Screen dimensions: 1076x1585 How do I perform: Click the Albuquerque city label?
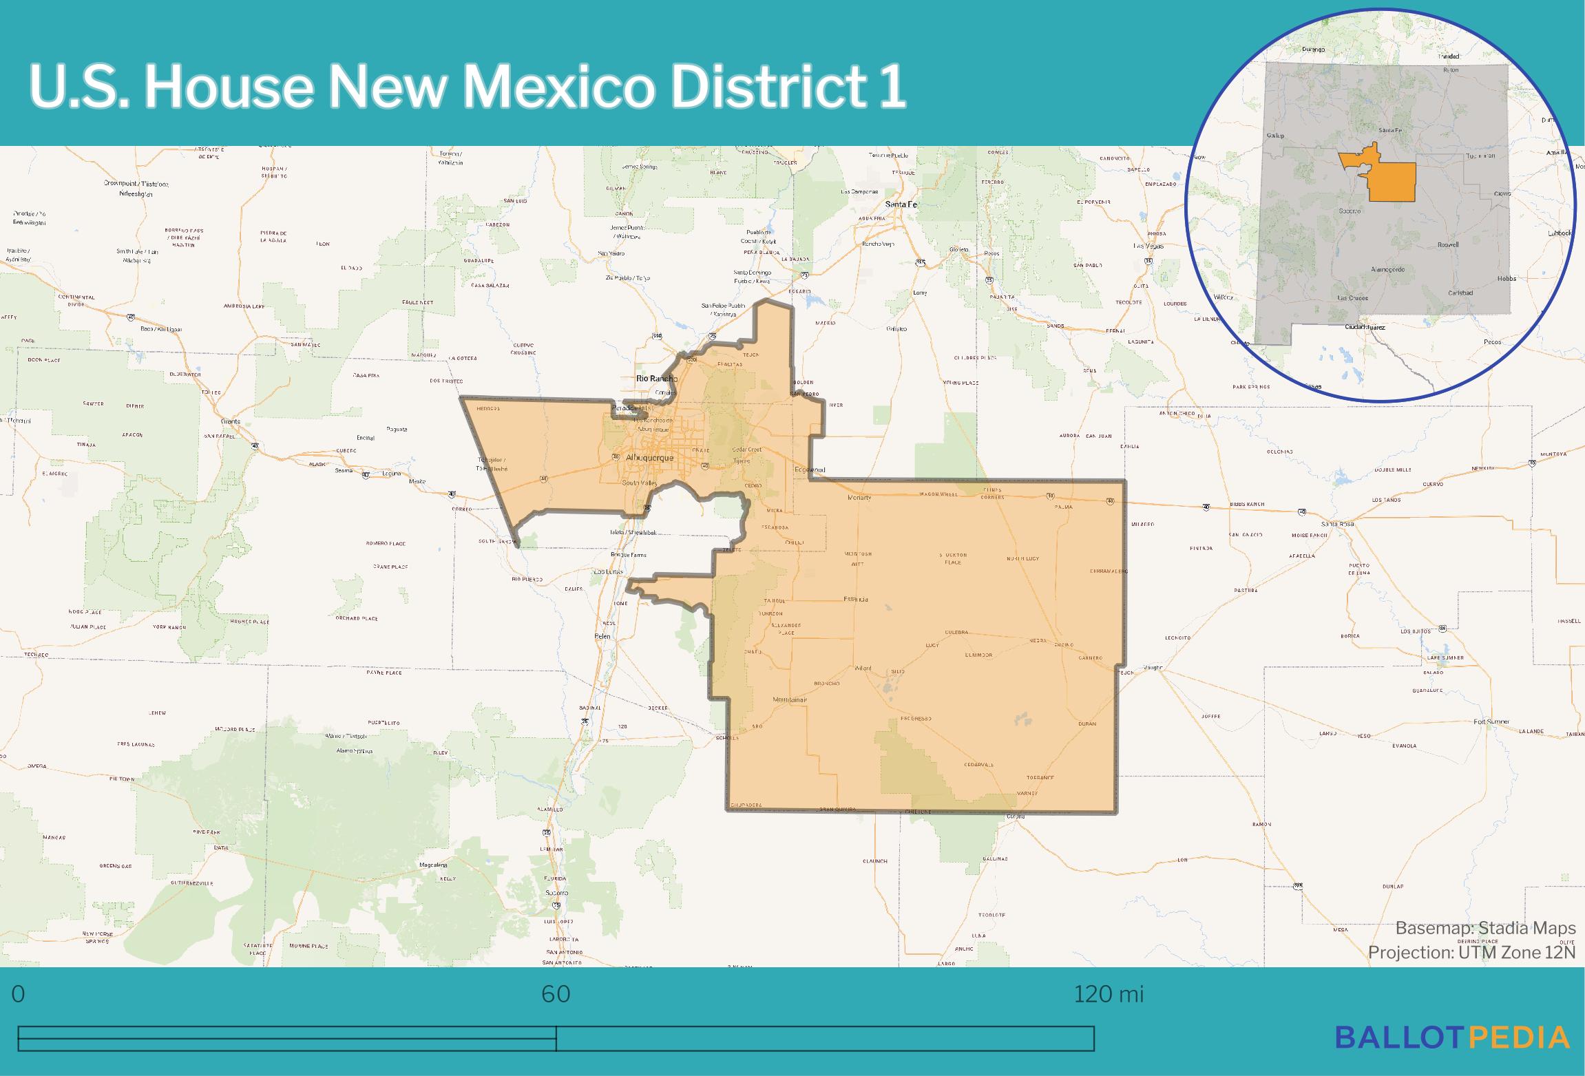coord(649,458)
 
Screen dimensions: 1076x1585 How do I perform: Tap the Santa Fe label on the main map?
coord(901,204)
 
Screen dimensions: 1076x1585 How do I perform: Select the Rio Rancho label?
coord(657,379)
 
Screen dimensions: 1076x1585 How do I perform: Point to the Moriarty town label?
coord(860,497)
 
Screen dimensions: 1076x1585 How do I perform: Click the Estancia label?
coord(855,599)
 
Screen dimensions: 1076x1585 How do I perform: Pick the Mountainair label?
coord(789,699)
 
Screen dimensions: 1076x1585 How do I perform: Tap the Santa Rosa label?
coord(1337,524)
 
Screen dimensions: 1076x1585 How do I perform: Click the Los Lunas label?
coord(608,572)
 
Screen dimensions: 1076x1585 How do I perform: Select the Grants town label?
coord(230,421)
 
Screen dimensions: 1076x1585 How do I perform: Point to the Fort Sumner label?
coord(1491,721)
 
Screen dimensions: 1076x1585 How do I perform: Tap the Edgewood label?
coord(809,470)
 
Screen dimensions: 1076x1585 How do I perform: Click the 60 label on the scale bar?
coord(556,994)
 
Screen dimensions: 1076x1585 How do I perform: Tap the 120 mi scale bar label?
coord(1109,994)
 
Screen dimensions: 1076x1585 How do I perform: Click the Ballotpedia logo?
coord(1452,1037)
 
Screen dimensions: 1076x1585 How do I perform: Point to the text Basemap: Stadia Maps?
coord(1485,928)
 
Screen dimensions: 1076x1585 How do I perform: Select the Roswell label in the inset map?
coord(1448,244)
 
